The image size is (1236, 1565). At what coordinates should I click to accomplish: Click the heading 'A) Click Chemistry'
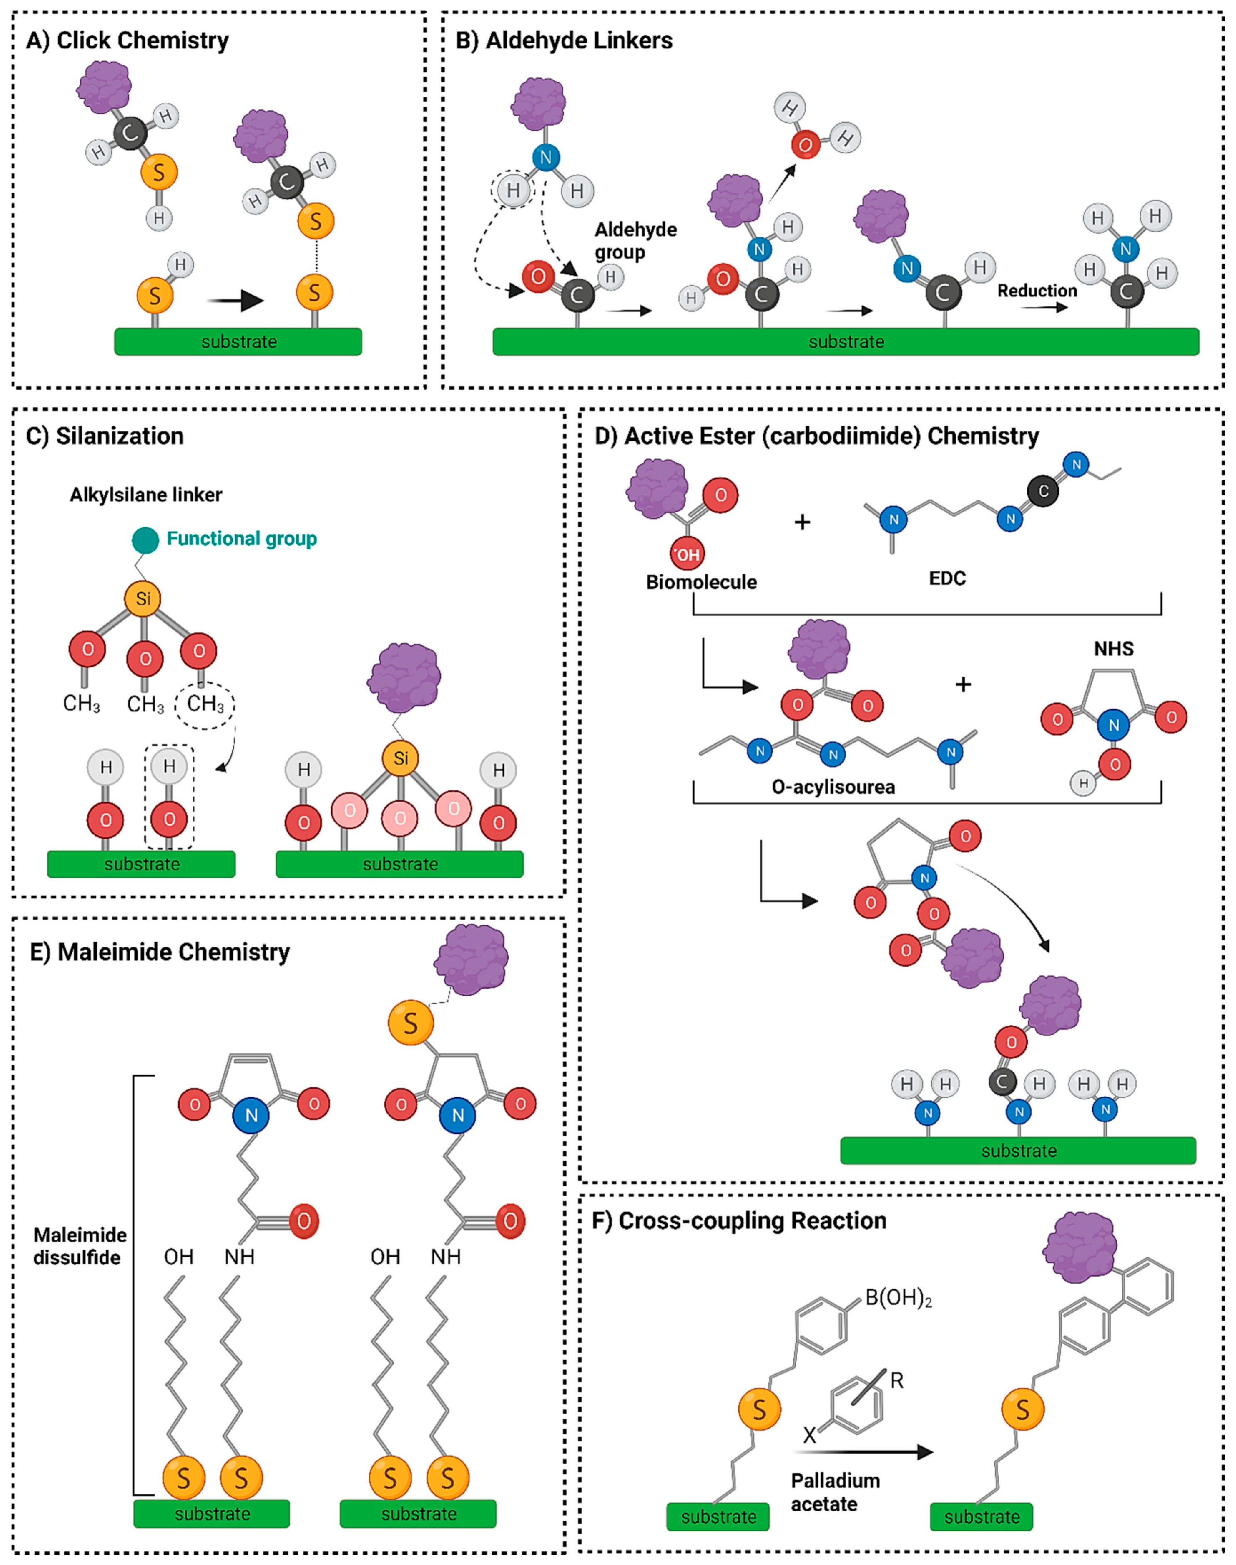point(127,40)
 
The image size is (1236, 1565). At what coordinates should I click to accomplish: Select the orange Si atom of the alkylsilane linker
point(143,598)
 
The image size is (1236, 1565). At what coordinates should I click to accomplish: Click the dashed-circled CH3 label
point(205,703)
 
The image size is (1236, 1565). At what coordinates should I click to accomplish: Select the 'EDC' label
point(947,578)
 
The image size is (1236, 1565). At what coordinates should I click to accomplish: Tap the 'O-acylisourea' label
point(833,787)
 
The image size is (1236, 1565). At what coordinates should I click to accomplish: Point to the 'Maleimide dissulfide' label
point(79,1246)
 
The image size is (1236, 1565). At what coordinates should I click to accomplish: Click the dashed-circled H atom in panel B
point(513,190)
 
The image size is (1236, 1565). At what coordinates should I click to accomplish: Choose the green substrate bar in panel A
point(238,341)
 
